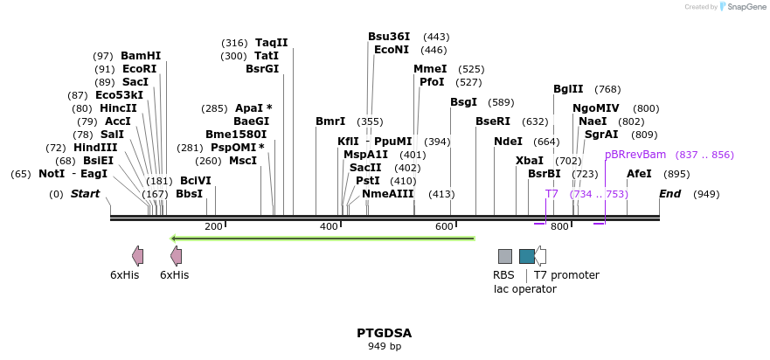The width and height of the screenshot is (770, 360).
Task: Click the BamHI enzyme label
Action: coord(140,56)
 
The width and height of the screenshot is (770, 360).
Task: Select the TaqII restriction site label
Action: coord(271,43)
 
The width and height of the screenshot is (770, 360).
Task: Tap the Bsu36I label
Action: coord(389,37)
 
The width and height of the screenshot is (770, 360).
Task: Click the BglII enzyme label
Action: coord(568,89)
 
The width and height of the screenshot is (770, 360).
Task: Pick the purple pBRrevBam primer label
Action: coord(635,155)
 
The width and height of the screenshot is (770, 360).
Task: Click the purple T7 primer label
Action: coord(551,194)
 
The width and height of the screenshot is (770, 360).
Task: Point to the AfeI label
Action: coord(639,174)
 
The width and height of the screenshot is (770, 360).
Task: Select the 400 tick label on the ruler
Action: coord(329,227)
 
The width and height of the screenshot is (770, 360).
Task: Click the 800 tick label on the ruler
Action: coord(559,227)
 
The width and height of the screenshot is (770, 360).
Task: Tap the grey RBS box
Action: coord(505,256)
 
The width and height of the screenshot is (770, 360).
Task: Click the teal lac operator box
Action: coord(526,256)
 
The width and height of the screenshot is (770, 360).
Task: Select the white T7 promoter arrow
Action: coord(541,256)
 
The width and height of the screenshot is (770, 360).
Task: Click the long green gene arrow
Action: coord(323,238)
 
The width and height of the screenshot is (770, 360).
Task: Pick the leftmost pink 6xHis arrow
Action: coord(137,255)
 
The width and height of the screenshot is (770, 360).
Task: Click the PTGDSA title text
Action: coord(384,333)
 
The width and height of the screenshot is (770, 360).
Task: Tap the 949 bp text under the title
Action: coord(384,346)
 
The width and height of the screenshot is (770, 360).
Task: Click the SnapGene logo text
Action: coord(741,7)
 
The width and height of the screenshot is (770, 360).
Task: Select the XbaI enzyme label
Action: coord(529,161)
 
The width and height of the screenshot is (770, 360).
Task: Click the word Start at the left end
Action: coord(85,194)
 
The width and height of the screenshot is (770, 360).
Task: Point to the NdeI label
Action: coord(508,142)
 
